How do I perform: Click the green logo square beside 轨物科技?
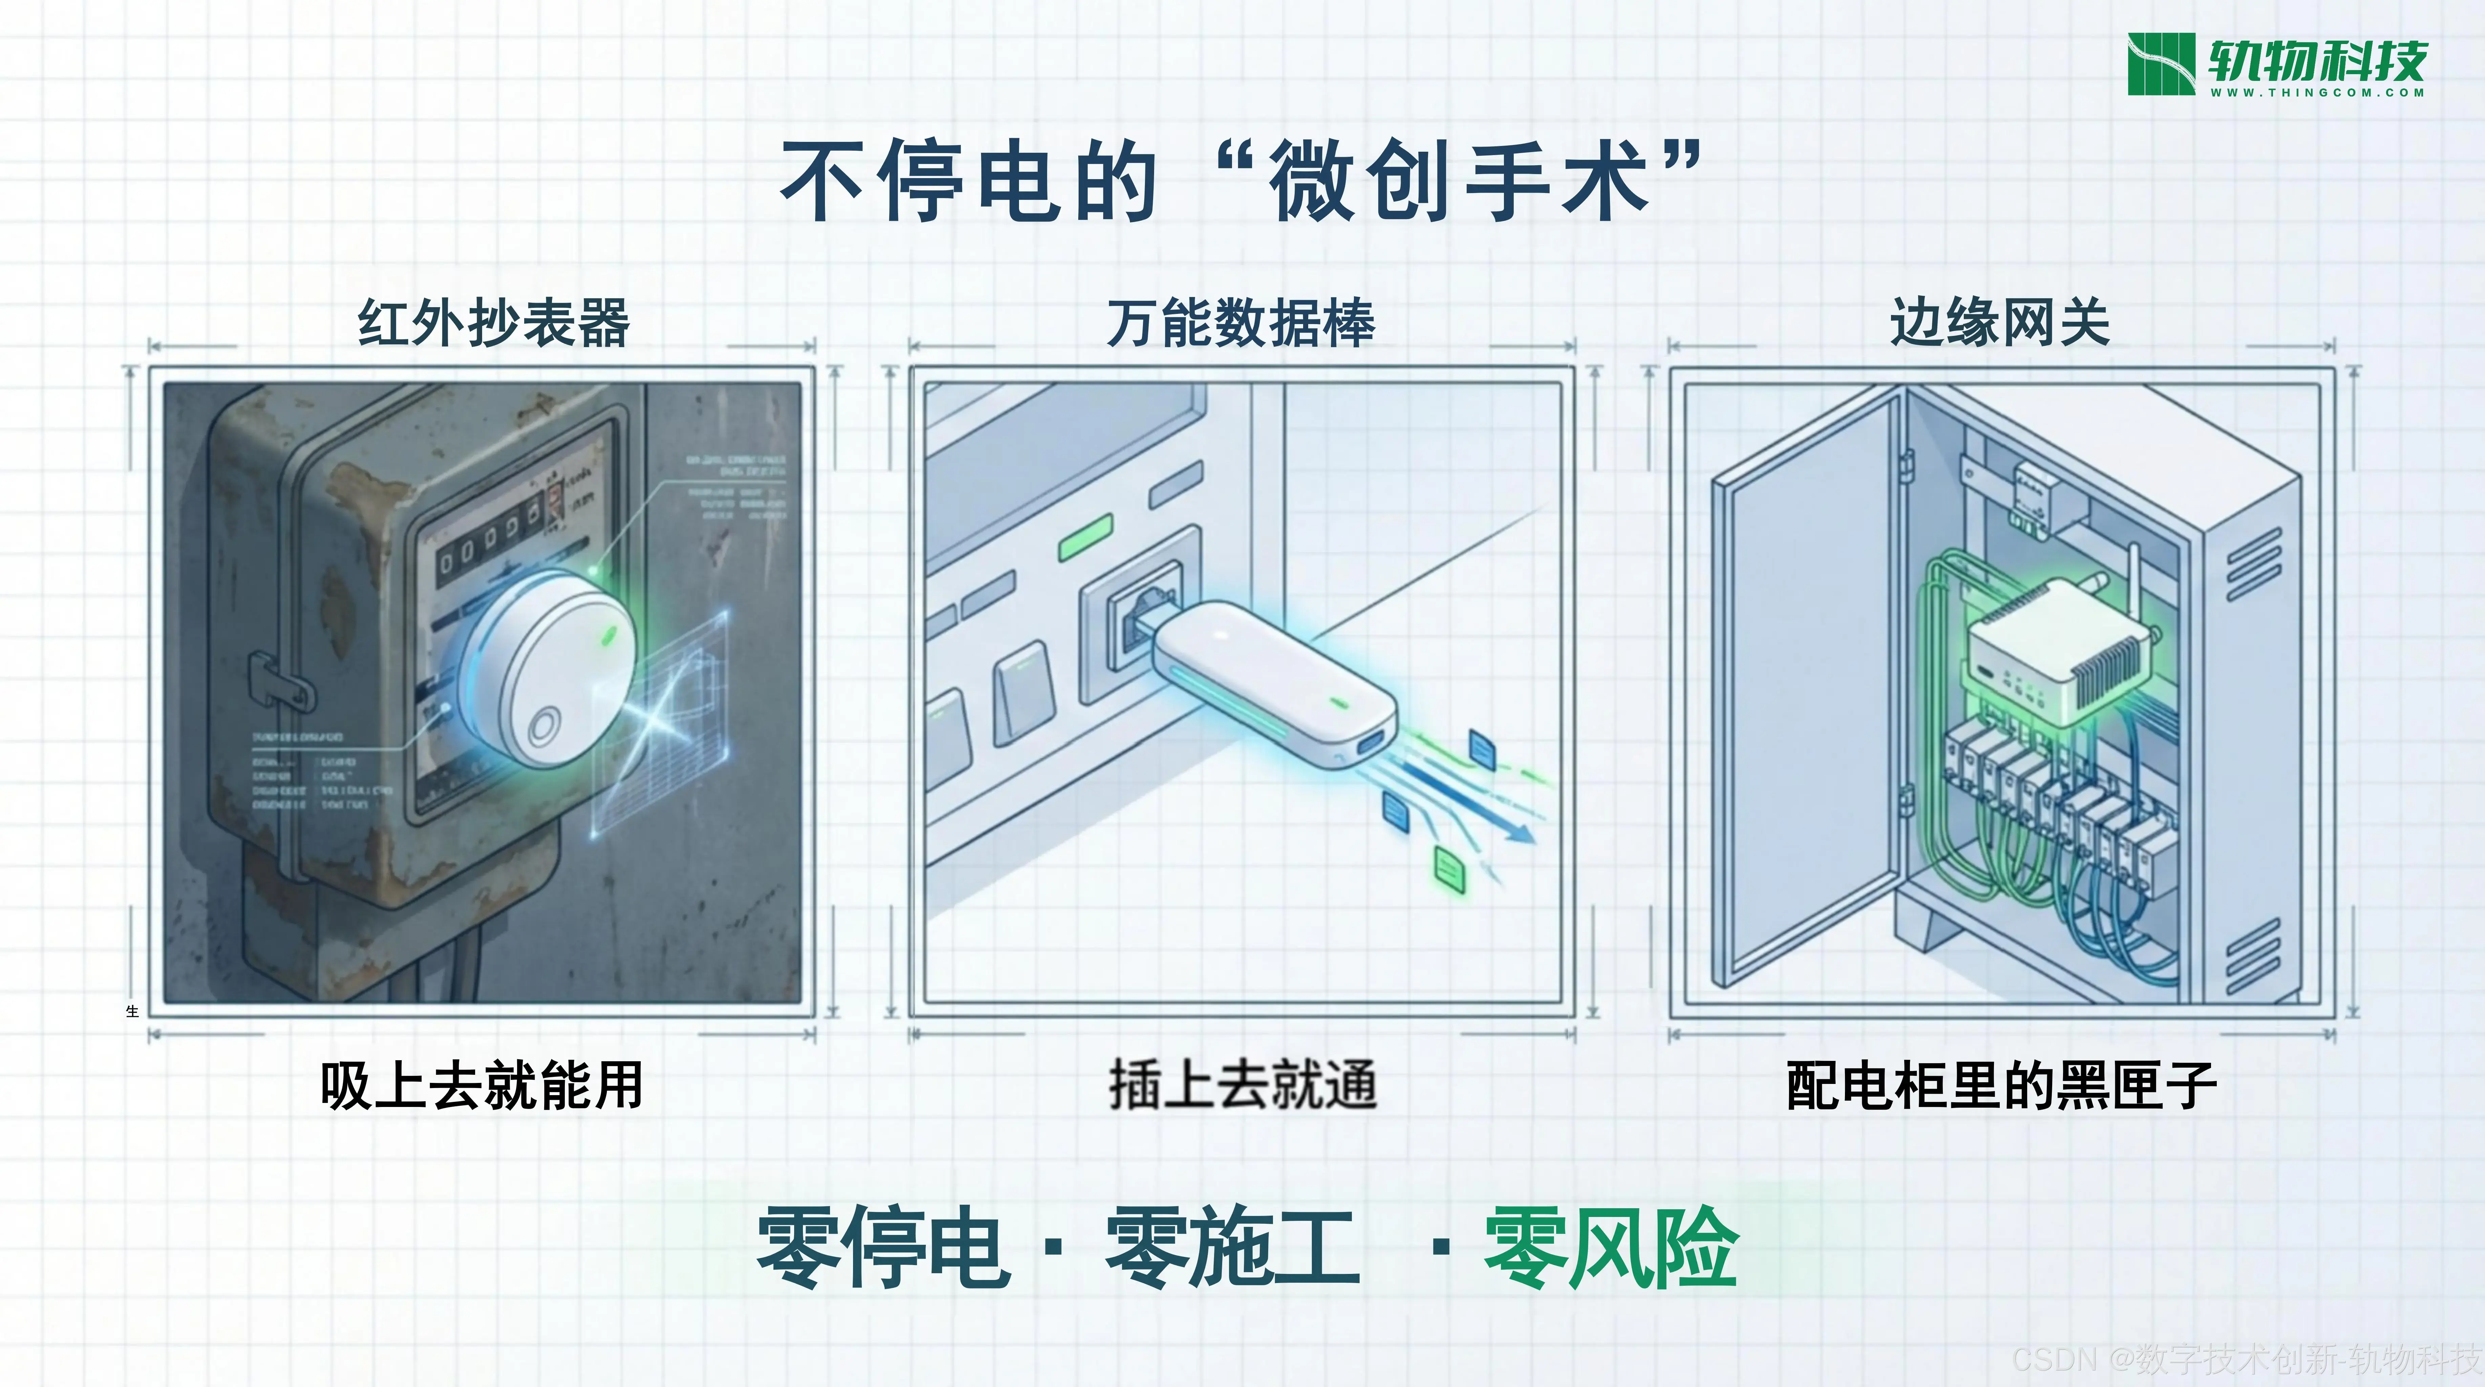click(x=2161, y=64)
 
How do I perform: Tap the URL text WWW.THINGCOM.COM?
click(x=2317, y=92)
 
